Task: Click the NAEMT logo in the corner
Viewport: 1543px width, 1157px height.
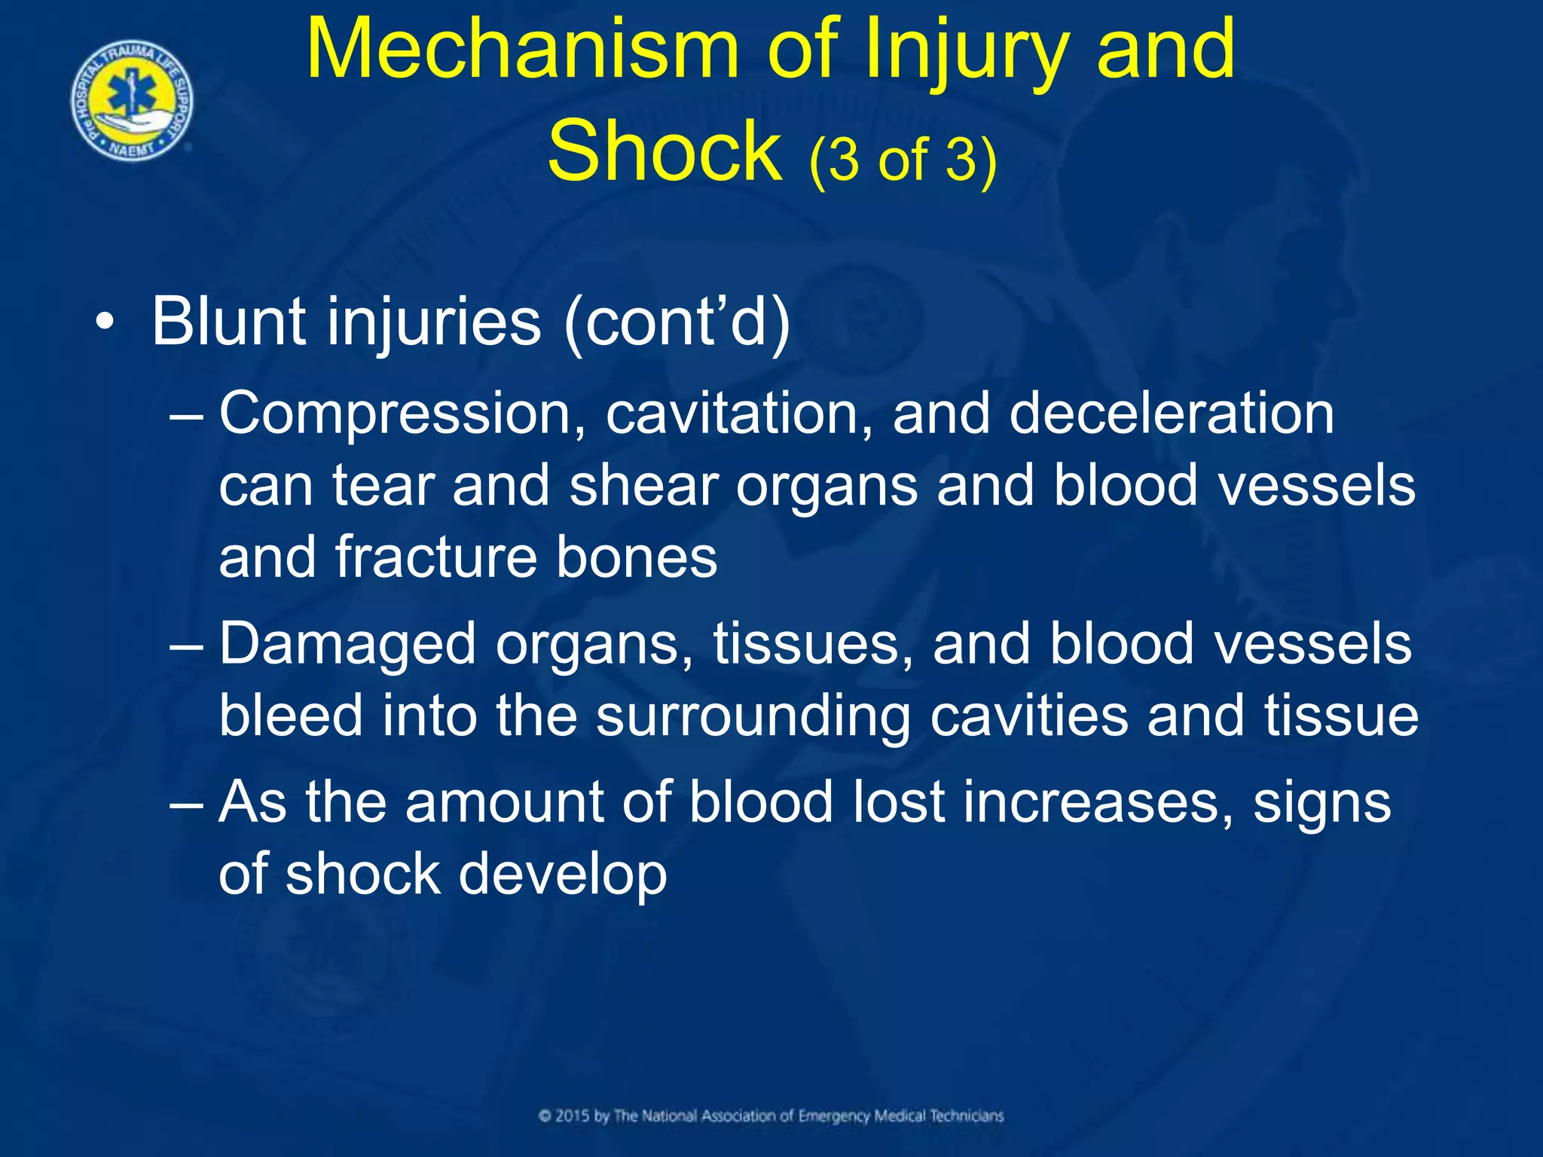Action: pyautogui.click(x=133, y=100)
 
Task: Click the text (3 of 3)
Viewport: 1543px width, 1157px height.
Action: pyautogui.click(x=903, y=160)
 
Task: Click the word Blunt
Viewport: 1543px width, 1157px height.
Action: pyautogui.click(x=229, y=322)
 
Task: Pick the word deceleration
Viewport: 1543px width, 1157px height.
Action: pyautogui.click(x=1171, y=414)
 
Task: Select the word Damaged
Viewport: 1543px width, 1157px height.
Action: pyautogui.click(x=347, y=645)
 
